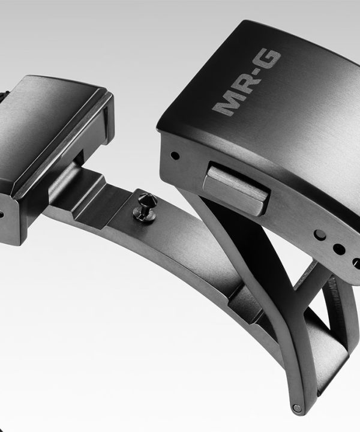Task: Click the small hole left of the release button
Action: [175, 156]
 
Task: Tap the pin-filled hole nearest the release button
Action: [320, 235]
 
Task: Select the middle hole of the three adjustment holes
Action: [339, 249]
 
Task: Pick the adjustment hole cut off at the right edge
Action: [356, 262]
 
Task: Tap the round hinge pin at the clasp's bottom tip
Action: [296, 407]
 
